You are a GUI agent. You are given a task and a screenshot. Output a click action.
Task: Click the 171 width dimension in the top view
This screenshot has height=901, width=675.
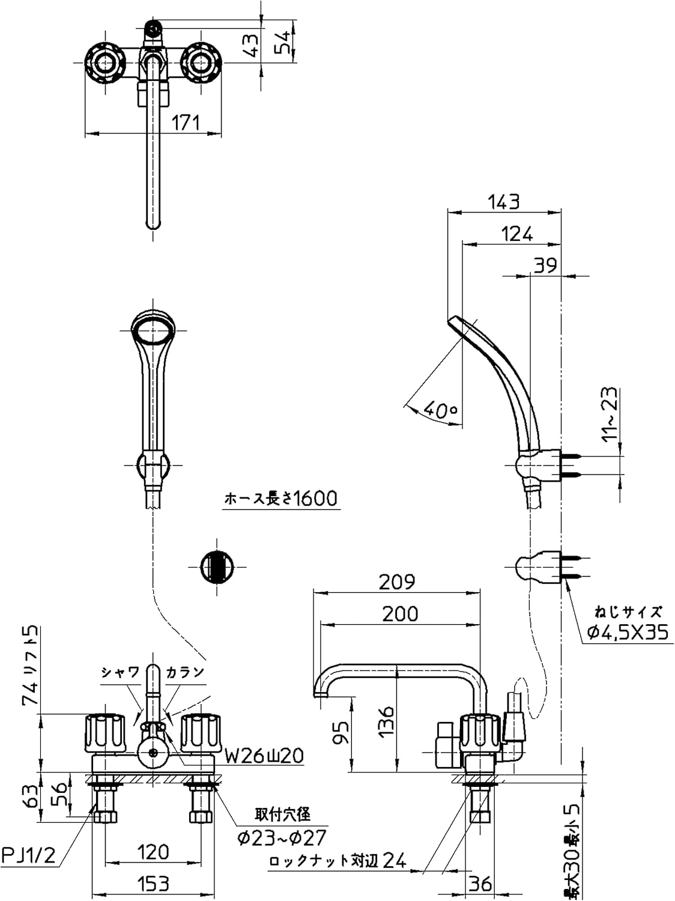[186, 123]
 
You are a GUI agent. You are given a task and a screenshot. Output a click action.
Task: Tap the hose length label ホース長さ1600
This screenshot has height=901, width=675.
[280, 499]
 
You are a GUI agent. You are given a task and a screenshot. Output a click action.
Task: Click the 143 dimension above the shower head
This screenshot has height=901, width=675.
[503, 202]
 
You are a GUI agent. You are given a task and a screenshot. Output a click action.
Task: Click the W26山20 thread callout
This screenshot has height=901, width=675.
[264, 756]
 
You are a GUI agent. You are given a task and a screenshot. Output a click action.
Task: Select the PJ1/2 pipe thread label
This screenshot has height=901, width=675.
[29, 855]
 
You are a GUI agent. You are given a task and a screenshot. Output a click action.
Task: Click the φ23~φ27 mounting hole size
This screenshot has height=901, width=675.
[282, 837]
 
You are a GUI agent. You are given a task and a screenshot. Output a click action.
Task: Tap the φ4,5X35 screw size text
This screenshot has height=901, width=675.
[627, 633]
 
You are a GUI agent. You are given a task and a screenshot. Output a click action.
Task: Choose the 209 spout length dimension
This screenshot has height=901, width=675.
[397, 581]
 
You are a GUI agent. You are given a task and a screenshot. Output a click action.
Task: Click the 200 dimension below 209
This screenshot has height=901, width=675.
[400, 613]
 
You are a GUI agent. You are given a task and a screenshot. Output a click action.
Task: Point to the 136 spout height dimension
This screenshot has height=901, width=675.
[387, 721]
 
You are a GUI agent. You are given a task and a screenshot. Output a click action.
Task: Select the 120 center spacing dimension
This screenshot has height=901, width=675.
[153, 852]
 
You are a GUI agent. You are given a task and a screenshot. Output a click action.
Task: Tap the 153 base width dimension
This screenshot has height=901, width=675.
[153, 884]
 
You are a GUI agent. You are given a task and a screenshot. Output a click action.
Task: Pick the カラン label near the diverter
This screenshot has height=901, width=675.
[186, 672]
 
